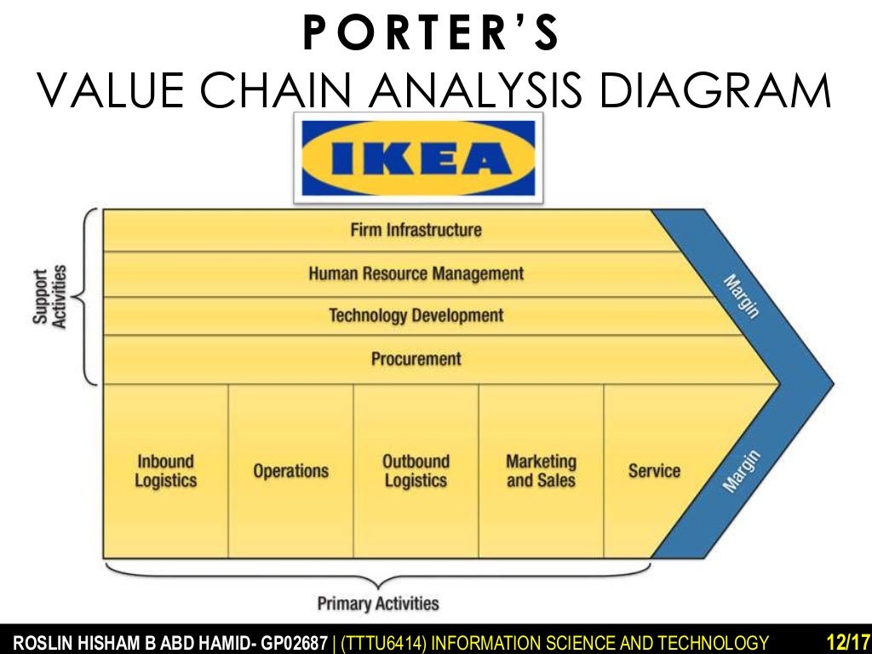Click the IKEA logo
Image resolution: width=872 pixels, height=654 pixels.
tap(417, 158)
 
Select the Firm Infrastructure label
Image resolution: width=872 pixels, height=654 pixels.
tap(416, 230)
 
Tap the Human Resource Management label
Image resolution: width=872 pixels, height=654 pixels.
tap(416, 273)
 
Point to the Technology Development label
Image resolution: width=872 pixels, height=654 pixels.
tap(416, 316)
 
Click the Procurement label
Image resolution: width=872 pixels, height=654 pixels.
tap(416, 359)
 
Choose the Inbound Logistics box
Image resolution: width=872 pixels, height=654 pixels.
tap(165, 471)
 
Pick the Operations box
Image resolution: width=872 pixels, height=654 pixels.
tap(290, 471)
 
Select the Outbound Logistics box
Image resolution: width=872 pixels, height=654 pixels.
tap(416, 471)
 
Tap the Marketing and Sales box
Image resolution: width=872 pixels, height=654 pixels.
tap(541, 471)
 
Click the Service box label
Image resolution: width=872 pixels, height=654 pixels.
tap(654, 471)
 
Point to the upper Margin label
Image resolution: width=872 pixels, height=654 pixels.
tap(740, 295)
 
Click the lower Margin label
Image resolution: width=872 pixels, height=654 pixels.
tap(740, 471)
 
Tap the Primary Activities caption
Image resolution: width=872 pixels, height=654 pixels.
tap(378, 604)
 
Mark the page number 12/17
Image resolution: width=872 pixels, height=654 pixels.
tap(846, 641)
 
